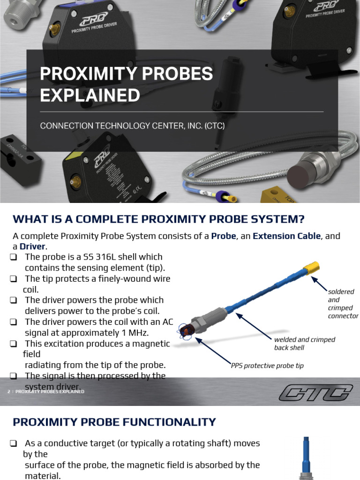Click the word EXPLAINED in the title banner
click(x=90, y=95)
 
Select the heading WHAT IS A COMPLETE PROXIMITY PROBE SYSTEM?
click(x=158, y=219)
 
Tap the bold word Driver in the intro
click(x=32, y=247)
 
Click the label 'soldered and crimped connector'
click(x=342, y=304)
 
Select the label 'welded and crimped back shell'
click(x=305, y=344)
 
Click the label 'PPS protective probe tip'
click(x=267, y=366)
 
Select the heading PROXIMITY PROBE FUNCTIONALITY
click(x=114, y=422)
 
